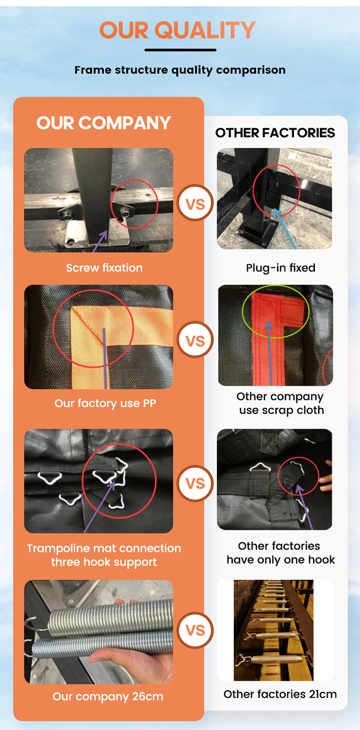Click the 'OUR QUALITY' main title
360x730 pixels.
(178, 30)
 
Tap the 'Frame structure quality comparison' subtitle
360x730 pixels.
(180, 70)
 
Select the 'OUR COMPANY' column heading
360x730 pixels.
(104, 123)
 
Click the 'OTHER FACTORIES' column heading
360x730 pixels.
(275, 133)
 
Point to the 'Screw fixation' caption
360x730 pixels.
(104, 268)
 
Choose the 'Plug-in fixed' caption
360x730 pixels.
(280, 268)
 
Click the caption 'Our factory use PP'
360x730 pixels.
(105, 403)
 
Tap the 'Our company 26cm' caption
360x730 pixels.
(108, 696)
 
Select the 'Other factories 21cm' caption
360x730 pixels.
(280, 694)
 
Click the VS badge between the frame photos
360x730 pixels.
(195, 203)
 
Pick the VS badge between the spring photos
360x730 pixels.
(195, 630)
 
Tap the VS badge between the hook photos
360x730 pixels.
(195, 484)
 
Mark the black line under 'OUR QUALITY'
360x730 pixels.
(180, 50)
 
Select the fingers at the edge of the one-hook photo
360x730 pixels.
(326, 476)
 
